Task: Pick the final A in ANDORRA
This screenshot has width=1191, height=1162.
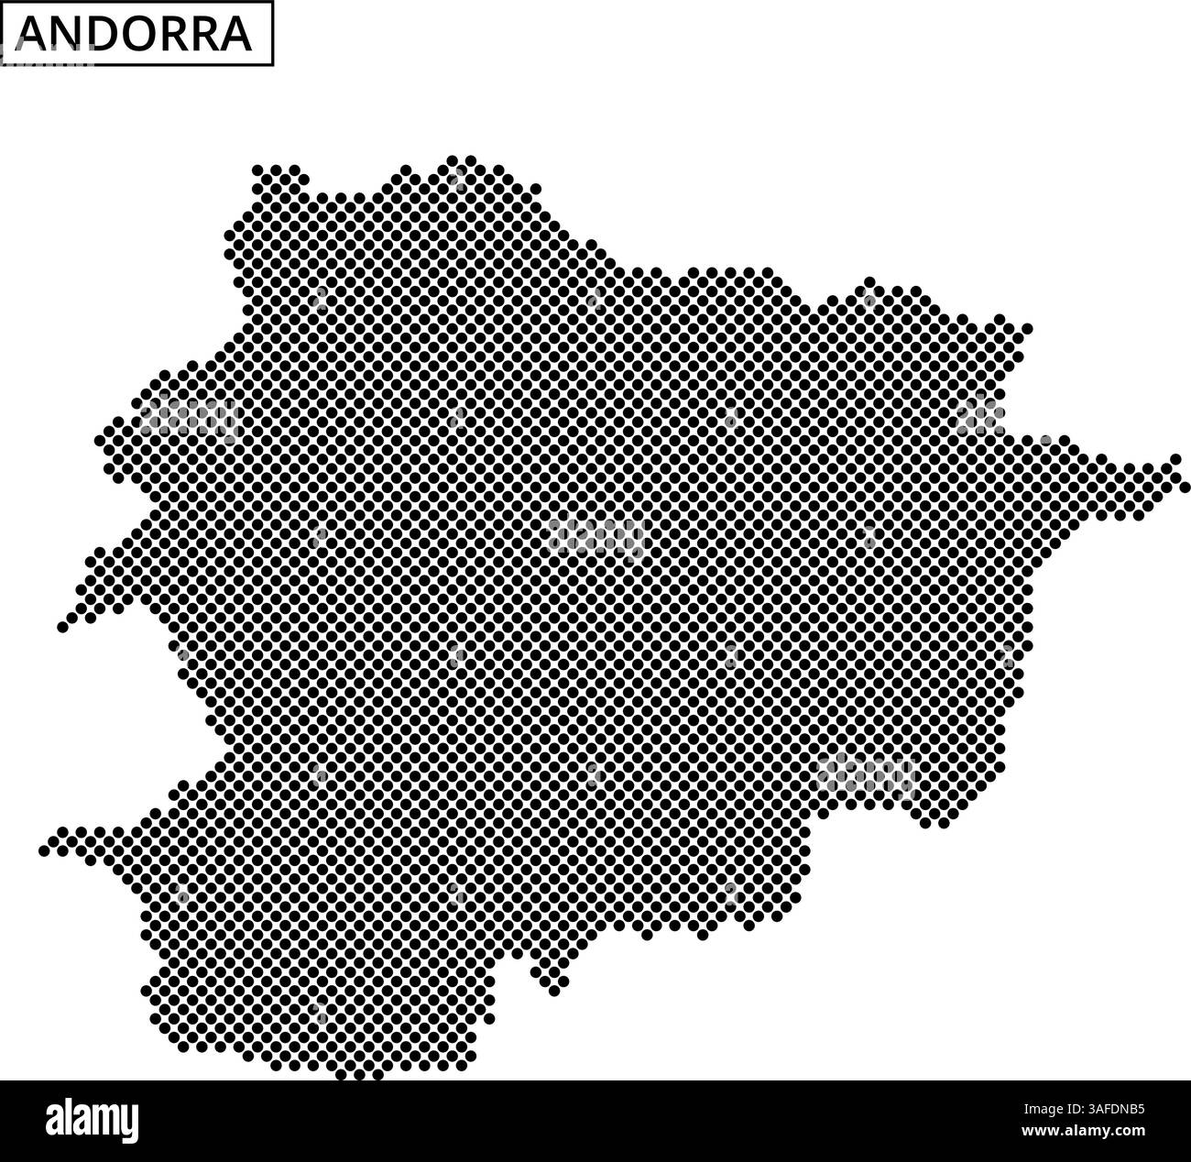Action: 235,35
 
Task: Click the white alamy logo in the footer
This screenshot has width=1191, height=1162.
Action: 92,1120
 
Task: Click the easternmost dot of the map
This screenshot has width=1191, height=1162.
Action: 1184,486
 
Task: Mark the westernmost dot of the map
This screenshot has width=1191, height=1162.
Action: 43,851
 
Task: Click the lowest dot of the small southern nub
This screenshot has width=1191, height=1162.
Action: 554,991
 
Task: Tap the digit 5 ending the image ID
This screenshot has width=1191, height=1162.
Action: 1141,1109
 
